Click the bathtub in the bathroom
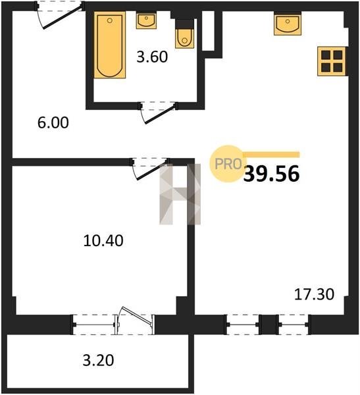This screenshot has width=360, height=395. point(110,45)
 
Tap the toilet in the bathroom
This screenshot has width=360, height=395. point(185,38)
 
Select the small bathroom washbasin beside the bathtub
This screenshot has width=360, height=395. point(146,20)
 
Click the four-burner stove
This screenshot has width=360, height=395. point(332,61)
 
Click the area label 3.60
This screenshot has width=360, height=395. point(152,57)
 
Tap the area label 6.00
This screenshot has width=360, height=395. point(53,123)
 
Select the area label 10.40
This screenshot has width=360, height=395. point(103,240)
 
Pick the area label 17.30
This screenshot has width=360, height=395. point(314,294)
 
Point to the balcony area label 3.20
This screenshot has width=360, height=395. point(98,360)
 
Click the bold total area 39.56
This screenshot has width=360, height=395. point(272,174)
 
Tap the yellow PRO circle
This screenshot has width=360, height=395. point(228,164)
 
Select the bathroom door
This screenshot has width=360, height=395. point(159,113)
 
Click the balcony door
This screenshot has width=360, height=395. point(135,321)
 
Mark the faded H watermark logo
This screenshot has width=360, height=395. point(180,194)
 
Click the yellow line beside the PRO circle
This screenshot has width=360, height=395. point(270,155)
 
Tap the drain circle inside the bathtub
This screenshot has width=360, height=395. point(110,20)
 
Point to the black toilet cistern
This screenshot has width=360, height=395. point(185,24)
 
